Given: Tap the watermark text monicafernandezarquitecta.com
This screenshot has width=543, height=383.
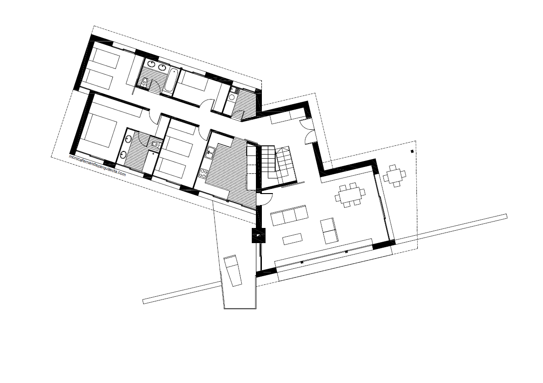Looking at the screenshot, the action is point(97,166).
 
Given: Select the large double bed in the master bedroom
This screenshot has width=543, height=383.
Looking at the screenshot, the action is point(100,130).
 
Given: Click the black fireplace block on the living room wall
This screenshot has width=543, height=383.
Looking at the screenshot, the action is point(259,235).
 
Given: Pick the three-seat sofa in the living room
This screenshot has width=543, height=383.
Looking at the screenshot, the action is point(289,216).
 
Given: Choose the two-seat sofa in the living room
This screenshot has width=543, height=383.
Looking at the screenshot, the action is point(329,231).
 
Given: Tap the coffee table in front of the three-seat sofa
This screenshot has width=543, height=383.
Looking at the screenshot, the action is point(293,239).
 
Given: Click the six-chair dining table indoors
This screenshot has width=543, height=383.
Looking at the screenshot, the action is point(350,195).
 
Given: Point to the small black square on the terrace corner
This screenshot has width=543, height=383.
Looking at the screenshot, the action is point(412,151).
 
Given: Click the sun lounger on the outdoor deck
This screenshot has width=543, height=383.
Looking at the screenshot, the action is point(233,271).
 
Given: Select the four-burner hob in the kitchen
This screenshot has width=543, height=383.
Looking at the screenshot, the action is point(203,173).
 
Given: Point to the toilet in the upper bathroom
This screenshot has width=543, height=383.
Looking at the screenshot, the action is point(145,82).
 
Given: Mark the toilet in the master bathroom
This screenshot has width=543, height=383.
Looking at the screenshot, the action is point(155,144).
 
